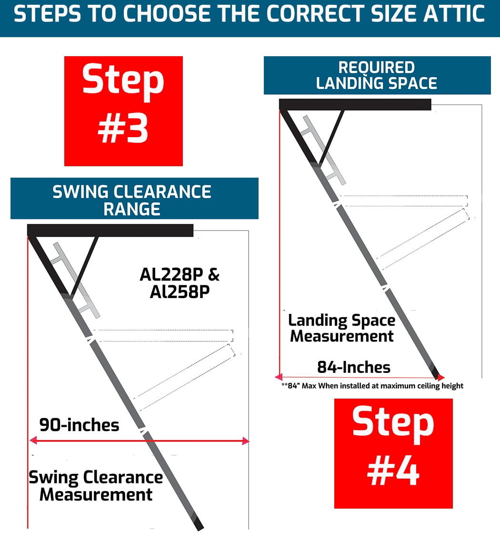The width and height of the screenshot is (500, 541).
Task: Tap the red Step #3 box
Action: point(123,111)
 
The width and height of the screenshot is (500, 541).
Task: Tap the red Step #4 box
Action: point(393,453)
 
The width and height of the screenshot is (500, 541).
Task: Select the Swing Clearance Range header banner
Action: point(134,198)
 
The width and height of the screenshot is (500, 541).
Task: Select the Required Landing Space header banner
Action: point(377,75)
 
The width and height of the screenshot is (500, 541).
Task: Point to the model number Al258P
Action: point(180,292)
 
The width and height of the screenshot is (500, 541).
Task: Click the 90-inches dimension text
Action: point(79,424)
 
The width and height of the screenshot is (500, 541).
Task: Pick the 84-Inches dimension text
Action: point(353,367)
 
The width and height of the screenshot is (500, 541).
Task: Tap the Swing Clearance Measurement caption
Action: point(96,485)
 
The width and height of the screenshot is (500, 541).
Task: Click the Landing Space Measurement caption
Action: point(342,328)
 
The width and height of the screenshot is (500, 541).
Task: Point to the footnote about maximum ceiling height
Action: point(372,386)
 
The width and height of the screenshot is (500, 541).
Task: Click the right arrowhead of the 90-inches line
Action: point(246,441)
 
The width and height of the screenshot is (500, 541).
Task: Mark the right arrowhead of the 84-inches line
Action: point(441,378)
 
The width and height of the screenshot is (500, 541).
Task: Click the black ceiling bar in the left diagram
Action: point(110,230)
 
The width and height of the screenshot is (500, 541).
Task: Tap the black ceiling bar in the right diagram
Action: point(355,104)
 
